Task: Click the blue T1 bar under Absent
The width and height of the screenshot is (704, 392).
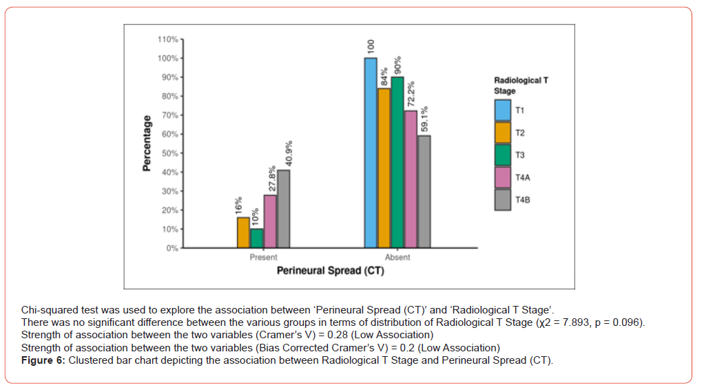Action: (x=371, y=152)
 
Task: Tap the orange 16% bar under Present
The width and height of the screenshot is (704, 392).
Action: (x=243, y=232)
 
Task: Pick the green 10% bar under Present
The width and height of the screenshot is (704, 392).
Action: (x=256, y=238)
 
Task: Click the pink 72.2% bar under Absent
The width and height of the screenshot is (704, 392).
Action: (x=411, y=178)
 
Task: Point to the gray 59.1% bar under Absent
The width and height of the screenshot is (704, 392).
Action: (x=424, y=191)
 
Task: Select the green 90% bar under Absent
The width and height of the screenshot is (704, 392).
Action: (x=397, y=162)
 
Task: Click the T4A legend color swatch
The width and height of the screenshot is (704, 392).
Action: (x=503, y=177)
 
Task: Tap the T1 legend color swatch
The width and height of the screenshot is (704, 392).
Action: (x=503, y=110)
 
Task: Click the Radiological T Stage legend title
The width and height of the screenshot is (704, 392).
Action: (x=521, y=85)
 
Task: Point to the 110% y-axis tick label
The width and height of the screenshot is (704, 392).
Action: (x=168, y=39)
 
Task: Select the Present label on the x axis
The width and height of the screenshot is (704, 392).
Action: (x=263, y=258)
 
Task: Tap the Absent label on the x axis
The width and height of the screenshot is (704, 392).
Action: (x=397, y=258)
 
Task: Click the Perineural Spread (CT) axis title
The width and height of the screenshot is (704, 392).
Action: (x=330, y=271)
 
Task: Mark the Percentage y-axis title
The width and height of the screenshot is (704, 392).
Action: (x=147, y=143)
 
